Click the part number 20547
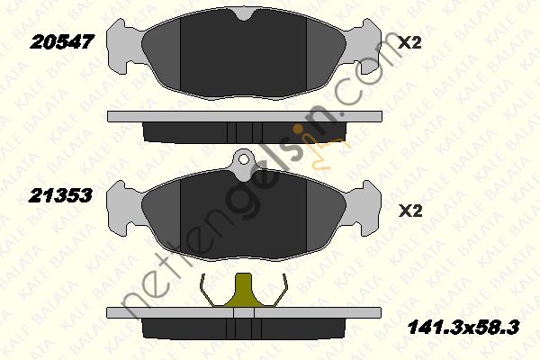(x=62, y=42)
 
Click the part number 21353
(x=60, y=195)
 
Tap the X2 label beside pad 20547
(x=409, y=43)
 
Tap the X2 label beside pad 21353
(x=410, y=211)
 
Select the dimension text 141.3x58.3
(x=463, y=328)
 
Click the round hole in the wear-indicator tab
(x=244, y=159)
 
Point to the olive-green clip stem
(x=244, y=290)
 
